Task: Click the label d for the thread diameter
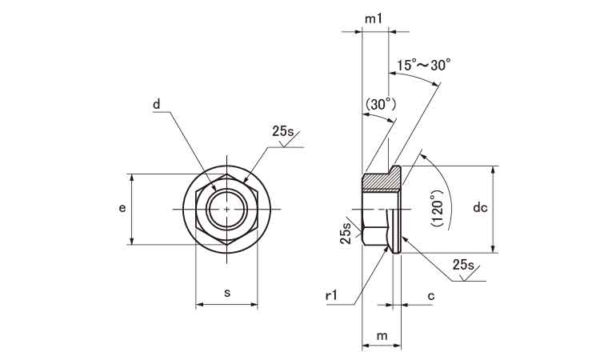[x=158, y=104]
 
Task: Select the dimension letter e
[x=122, y=208]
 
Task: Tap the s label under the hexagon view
[x=227, y=293]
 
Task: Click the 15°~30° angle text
[x=424, y=66]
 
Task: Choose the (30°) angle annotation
[x=380, y=104]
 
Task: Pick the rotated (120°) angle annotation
[x=437, y=210]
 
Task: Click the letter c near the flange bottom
[x=430, y=296]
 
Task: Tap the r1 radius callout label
[x=334, y=296]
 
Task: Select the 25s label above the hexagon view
[x=284, y=130]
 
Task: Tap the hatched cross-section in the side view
[x=382, y=182]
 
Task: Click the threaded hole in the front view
[x=227, y=210]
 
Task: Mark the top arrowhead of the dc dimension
[x=495, y=170]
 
